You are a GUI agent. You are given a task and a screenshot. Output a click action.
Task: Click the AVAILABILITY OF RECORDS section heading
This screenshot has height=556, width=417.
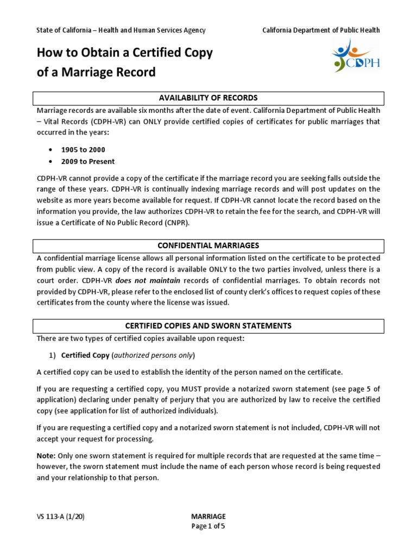208,98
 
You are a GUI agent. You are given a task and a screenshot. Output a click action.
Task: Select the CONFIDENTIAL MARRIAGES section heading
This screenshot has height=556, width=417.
208,246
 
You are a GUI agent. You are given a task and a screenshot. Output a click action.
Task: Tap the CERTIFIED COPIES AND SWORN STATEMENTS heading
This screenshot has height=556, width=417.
208,326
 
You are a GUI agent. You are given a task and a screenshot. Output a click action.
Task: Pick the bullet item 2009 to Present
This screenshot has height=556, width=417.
87,161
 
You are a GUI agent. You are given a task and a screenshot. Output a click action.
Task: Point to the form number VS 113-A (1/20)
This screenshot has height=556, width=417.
60,516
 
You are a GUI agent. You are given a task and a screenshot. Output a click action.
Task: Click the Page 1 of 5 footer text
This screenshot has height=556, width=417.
208,526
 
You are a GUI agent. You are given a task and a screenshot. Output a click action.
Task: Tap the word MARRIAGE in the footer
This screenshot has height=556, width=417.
208,516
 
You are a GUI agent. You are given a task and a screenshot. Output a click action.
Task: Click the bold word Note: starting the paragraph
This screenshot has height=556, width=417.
46,455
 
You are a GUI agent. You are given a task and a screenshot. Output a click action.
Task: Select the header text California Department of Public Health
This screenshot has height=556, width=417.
321,30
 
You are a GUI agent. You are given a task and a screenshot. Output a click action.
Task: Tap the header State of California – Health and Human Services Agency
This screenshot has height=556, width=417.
121,30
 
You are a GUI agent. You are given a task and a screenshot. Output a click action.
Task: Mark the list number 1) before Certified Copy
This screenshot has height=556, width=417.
53,355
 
